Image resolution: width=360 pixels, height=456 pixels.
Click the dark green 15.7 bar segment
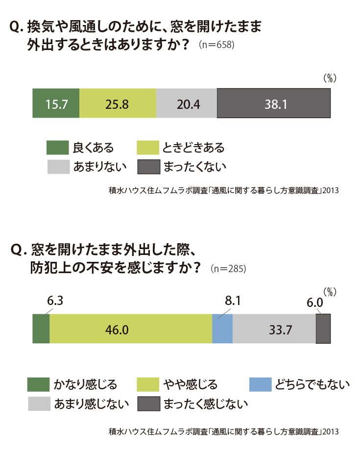coord(56,103)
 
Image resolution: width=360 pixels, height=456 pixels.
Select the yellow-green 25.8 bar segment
coord(118,103)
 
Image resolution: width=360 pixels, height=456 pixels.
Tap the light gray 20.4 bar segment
coord(187,103)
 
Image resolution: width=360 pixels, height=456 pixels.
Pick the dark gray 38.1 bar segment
coord(274,103)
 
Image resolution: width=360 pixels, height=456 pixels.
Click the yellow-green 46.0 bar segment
coord(131,329)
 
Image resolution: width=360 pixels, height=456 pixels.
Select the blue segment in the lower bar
coord(222,329)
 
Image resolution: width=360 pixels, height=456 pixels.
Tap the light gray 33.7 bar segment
coord(274,329)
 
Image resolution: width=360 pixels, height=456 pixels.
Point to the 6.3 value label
coord(55,301)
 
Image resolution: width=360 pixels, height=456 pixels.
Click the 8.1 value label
coord(233,301)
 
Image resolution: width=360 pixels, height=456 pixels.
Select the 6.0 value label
coord(314,303)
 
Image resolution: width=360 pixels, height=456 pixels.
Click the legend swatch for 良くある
coord(57,148)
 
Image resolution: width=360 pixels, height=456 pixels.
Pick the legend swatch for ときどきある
coord(148,148)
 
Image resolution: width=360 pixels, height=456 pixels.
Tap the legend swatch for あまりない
coord(58,167)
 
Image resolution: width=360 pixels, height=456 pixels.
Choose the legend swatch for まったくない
coord(149,167)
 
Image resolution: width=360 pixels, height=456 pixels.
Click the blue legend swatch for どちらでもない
coord(261,384)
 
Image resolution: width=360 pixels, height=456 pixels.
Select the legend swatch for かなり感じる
coord(38,384)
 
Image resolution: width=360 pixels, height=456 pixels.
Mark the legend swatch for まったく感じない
coord(149,404)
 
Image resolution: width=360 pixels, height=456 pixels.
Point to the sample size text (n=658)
coord(216,45)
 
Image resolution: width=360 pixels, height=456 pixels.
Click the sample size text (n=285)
coord(228,268)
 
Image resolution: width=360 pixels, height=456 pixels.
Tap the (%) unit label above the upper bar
coord(330,78)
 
